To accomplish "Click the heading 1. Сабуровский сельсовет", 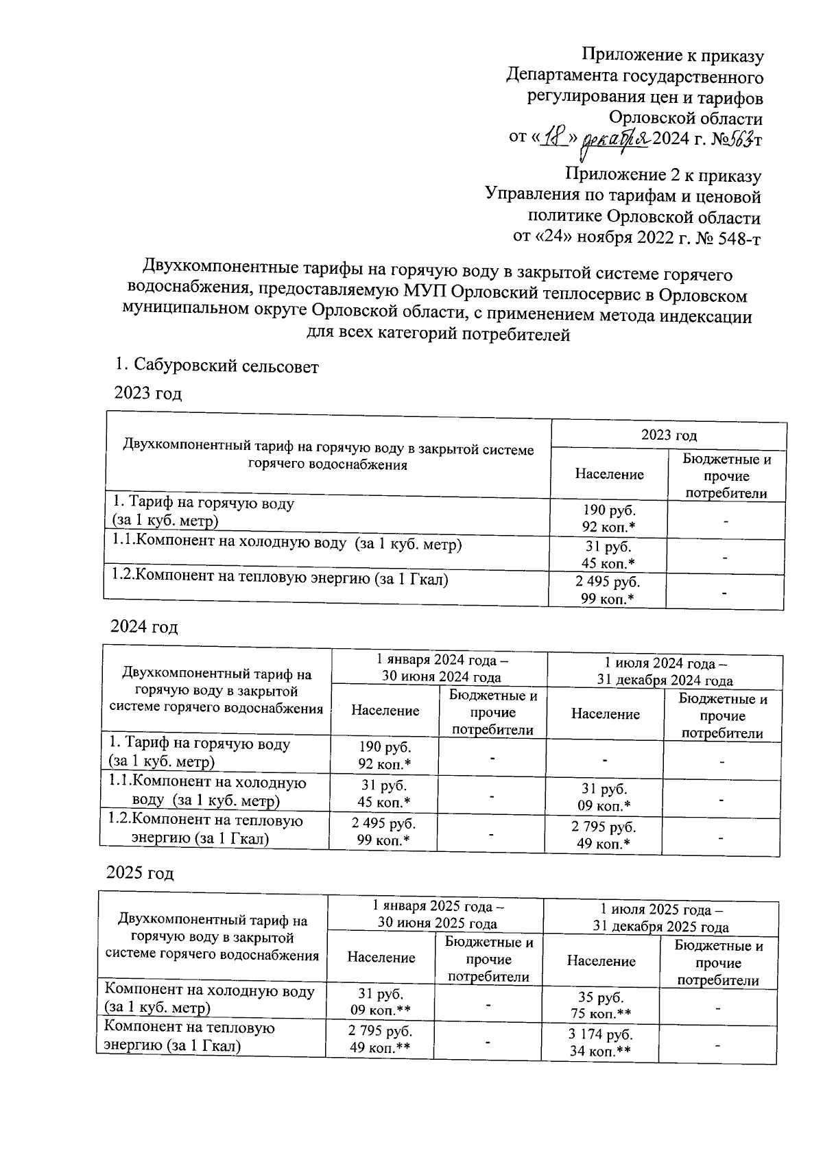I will click(x=217, y=367).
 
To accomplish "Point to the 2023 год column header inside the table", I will click(x=669, y=435).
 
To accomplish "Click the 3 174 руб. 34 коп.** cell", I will click(x=601, y=1043).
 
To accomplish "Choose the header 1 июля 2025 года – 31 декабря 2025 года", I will click(x=660, y=918).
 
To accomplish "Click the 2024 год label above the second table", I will click(x=145, y=627).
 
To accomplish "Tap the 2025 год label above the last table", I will click(x=141, y=874).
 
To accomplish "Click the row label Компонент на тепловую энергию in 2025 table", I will click(x=188, y=1037).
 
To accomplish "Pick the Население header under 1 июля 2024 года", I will click(x=605, y=715).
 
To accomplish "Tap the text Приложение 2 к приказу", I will click(x=663, y=176).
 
